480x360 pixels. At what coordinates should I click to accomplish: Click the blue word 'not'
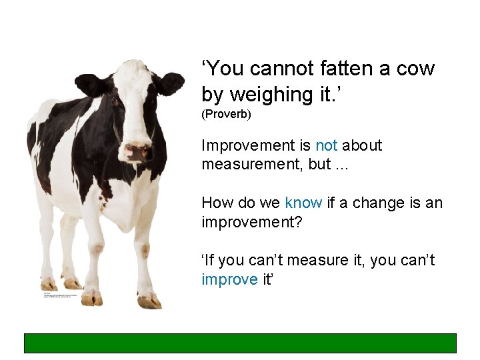point(326,145)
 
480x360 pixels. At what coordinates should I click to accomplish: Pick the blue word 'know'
point(303,203)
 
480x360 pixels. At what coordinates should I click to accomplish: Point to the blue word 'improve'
point(229,279)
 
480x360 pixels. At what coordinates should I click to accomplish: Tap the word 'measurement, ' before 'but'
point(254,165)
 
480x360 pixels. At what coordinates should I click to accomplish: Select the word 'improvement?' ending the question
point(252,222)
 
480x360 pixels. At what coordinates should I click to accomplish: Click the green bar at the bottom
point(240,343)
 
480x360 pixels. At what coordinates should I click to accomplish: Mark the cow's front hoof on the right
point(149,301)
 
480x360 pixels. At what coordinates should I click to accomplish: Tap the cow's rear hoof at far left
point(49,283)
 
